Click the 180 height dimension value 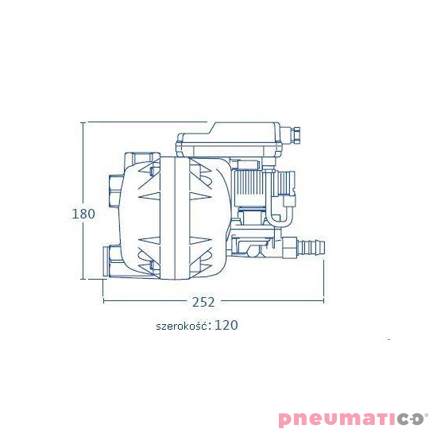(83, 214)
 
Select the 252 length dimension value (203, 303)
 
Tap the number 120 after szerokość (226, 325)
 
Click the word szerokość (181, 326)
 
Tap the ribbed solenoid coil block (248, 185)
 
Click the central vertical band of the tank (175, 218)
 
